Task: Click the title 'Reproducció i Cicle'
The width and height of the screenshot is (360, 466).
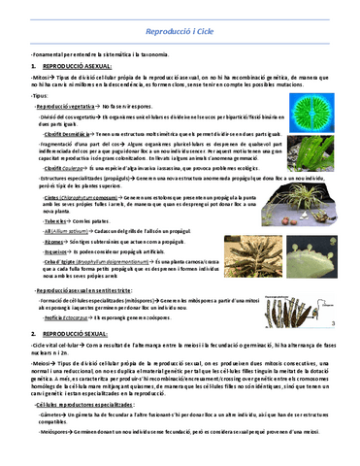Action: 180,32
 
